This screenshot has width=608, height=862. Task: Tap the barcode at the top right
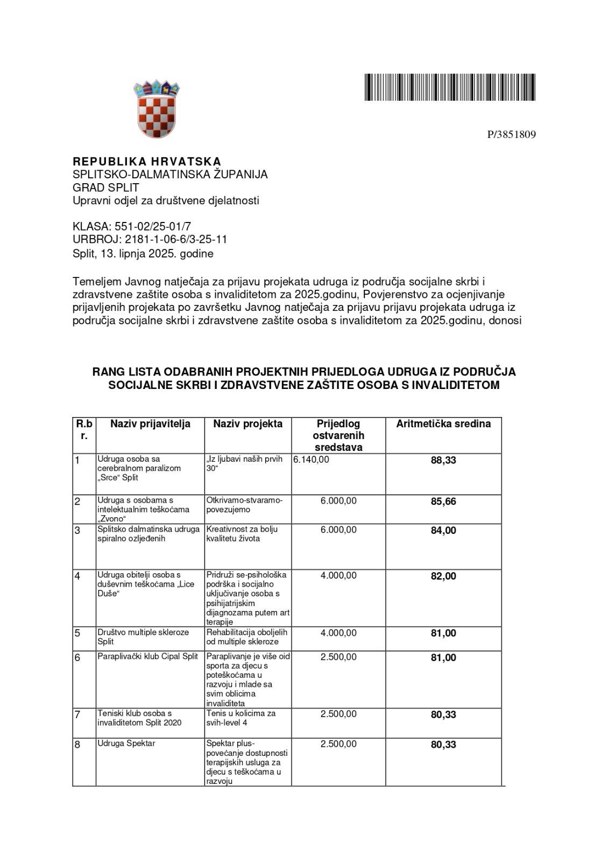pyautogui.click(x=450, y=87)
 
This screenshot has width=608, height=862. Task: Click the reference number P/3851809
pyautogui.click(x=511, y=135)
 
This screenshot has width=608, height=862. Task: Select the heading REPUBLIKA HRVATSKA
pyautogui.click(x=147, y=162)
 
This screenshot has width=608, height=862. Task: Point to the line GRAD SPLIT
pyautogui.click(x=106, y=187)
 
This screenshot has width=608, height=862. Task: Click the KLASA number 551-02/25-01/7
pyautogui.click(x=152, y=226)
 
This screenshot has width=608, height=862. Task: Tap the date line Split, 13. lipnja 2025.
pyautogui.click(x=143, y=253)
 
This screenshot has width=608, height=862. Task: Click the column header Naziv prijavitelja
pyautogui.click(x=150, y=424)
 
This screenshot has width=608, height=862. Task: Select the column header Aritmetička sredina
pyautogui.click(x=443, y=424)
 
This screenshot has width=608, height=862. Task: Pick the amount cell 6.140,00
pyautogui.click(x=312, y=460)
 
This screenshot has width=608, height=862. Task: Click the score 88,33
pyautogui.click(x=443, y=460)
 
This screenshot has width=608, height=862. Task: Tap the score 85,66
pyautogui.click(x=443, y=502)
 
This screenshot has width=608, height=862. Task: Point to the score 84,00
pyautogui.click(x=443, y=531)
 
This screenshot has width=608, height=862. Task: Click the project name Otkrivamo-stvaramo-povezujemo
pyautogui.click(x=244, y=505)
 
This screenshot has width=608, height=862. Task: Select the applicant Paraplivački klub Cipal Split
pyautogui.click(x=148, y=656)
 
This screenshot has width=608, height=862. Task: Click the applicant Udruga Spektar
pyautogui.click(x=126, y=743)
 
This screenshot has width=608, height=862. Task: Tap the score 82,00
pyautogui.click(x=443, y=576)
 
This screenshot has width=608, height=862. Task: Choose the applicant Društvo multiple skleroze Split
pyautogui.click(x=143, y=637)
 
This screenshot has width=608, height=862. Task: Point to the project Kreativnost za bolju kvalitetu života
pyautogui.click(x=242, y=534)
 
